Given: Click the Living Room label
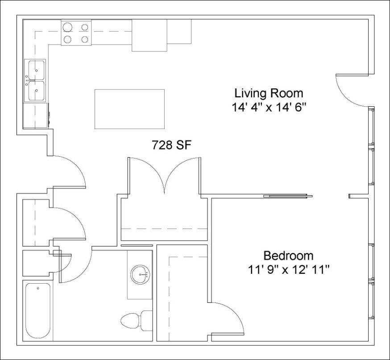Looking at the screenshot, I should coord(269,93).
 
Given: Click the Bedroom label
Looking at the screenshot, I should coord(288,256).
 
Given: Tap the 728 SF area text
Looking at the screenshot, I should coord(172,145).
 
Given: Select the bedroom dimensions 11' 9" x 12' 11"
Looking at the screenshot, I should coord(288,270).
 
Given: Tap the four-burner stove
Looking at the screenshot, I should coord(76,33).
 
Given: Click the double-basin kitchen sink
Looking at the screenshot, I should coord(36,80).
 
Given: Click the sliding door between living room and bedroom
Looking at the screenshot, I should coord(286,196).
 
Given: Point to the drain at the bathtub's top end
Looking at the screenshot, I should coord(37,288).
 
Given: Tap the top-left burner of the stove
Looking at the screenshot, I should coord(68,27).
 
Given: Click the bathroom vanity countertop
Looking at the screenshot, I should coord(140,275).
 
